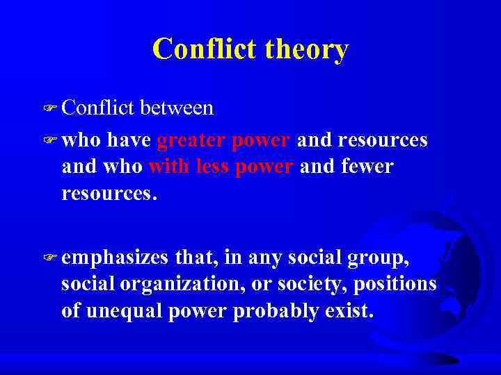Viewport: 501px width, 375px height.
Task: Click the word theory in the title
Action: [x=308, y=49]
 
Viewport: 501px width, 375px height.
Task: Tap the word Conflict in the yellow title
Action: [x=207, y=49]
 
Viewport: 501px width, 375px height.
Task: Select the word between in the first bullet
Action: [x=177, y=108]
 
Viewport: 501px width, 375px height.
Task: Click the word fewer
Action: [x=367, y=167]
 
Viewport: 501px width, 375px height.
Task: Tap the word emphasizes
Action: [x=115, y=258]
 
